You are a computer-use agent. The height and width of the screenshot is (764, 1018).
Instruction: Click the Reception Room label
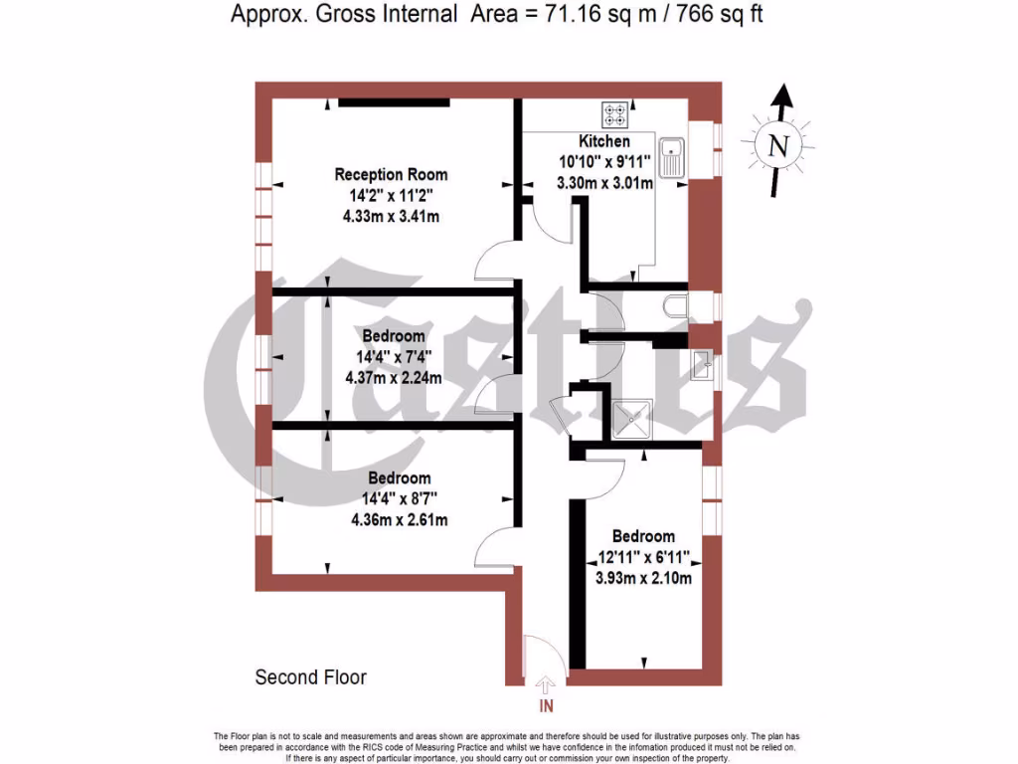coord(384,175)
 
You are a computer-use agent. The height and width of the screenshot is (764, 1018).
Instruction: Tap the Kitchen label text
coord(604,142)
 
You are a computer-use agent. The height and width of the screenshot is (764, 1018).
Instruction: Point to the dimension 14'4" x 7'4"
coord(394,356)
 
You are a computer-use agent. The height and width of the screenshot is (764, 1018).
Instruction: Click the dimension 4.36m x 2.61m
coord(399,519)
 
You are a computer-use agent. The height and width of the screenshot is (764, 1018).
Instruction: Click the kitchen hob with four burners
coord(612,115)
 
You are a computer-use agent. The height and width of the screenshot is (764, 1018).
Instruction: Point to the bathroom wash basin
coord(702,366)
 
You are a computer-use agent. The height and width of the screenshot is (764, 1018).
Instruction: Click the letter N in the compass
coord(778,146)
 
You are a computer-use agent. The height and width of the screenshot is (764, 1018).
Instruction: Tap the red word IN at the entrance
coord(545,707)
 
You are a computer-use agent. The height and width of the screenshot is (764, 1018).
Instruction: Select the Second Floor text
coord(311,677)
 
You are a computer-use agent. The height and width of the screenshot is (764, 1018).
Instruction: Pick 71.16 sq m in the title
coord(586,14)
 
